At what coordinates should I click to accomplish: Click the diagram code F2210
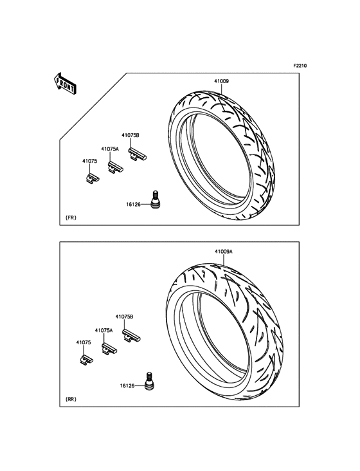pyautogui.click(x=300, y=66)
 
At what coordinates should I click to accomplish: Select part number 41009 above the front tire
pyautogui.click(x=221, y=81)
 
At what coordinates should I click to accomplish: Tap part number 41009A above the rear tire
pyautogui.click(x=224, y=252)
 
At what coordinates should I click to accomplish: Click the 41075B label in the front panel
pyautogui.click(x=130, y=136)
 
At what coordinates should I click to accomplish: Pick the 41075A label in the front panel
pyautogui.click(x=110, y=149)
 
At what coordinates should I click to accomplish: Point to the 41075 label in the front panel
pyautogui.click(x=90, y=161)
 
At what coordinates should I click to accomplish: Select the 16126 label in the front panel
pyautogui.click(x=133, y=205)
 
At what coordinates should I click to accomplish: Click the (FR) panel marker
pyautogui.click(x=71, y=217)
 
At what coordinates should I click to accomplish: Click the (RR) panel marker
pyautogui.click(x=71, y=399)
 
